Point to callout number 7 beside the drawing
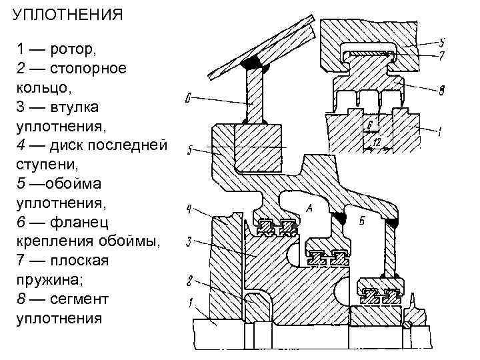tap(441, 56)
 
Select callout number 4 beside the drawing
tap(189, 210)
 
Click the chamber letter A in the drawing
tap(308, 209)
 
